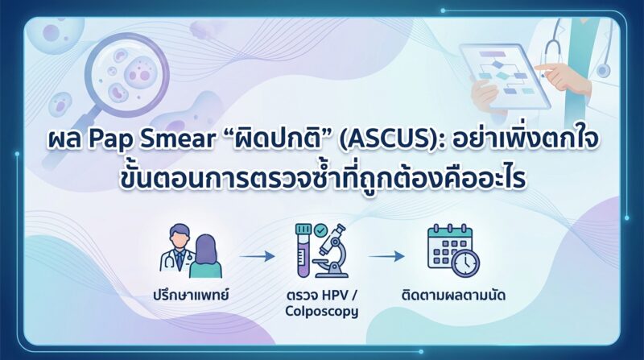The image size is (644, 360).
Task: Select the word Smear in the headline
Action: pos(177,139)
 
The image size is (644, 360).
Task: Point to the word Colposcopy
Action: pos(321,311)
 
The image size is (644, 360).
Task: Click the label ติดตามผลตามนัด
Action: pos(453,295)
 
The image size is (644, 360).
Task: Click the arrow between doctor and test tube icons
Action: pos(257,256)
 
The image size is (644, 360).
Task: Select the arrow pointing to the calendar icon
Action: pos(386,256)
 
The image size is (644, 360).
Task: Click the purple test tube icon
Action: pos(304,250)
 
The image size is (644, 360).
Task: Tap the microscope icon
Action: pos(332,252)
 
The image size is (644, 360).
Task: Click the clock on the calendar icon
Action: pos(466,263)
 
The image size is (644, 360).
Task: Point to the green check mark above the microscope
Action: pos(320,231)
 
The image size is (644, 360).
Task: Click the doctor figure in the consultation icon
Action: pos(178,249)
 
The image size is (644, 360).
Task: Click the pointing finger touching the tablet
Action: pos(551,68)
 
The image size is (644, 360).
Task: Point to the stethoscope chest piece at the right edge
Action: pos(602,70)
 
